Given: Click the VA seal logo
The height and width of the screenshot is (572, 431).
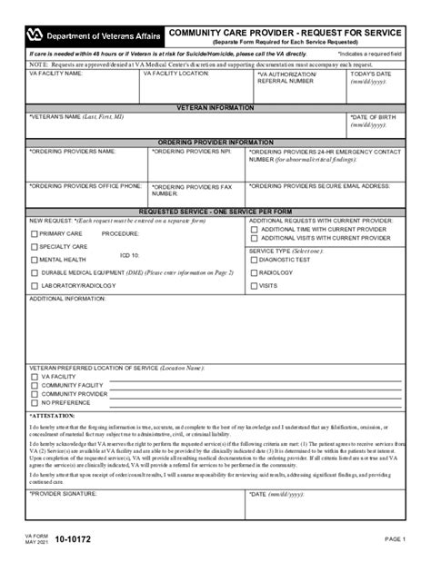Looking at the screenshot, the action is [35, 35].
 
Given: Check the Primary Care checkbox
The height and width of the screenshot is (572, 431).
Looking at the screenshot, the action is [35, 233].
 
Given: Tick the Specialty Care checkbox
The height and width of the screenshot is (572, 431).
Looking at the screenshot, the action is [35, 246].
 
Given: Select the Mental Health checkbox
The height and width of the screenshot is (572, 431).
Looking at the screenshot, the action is [35, 260].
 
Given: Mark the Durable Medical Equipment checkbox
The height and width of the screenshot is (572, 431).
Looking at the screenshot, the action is [35, 272].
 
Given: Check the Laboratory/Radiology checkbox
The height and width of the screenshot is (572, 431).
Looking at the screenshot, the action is [35, 286].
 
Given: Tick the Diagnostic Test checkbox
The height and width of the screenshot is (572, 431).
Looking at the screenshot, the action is [254, 260].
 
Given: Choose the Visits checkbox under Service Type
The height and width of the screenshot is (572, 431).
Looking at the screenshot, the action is [254, 285].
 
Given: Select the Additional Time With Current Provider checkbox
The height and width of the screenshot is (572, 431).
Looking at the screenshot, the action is [254, 229].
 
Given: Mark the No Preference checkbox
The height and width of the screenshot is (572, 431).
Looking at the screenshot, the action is [35, 402].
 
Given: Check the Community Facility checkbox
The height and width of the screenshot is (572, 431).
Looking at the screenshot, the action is [35, 385].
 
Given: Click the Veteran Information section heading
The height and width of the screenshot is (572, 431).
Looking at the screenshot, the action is [215, 107].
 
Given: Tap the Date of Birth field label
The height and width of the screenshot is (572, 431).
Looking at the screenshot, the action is [374, 116].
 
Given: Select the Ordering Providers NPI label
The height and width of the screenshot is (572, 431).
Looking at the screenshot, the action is [185, 151].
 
